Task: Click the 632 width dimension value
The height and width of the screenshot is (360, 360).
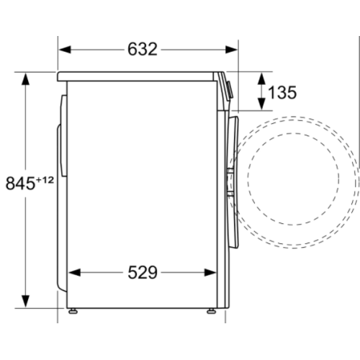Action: coord(143,49)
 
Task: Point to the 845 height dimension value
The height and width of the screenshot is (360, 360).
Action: coord(19,183)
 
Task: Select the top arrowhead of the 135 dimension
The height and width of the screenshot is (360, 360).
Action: coord(261,76)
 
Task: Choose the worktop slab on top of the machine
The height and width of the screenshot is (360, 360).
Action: coord(141,75)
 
